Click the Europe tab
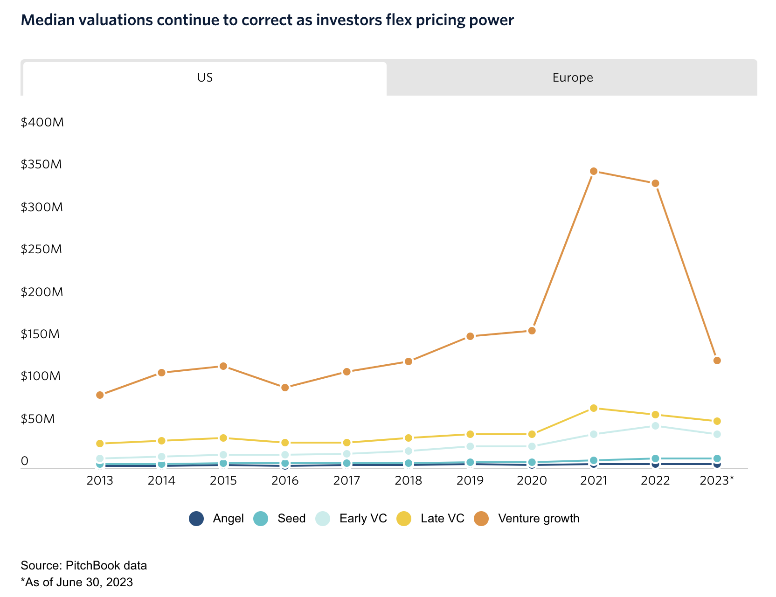(x=572, y=78)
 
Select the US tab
(x=205, y=78)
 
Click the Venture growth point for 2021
(x=594, y=171)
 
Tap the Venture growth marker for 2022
(x=655, y=183)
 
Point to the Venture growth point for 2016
(x=285, y=388)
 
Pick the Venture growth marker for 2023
(x=717, y=361)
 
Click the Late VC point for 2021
(x=594, y=408)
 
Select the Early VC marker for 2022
(x=655, y=426)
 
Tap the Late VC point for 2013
(x=100, y=444)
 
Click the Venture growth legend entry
(x=527, y=519)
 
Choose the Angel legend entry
(x=217, y=519)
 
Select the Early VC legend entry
(x=352, y=519)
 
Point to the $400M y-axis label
(x=42, y=123)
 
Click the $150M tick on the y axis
(x=40, y=334)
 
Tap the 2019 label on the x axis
(x=470, y=481)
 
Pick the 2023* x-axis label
(x=717, y=481)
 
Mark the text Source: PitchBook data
(x=84, y=566)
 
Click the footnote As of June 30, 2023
(x=77, y=583)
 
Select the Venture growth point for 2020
(x=532, y=331)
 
